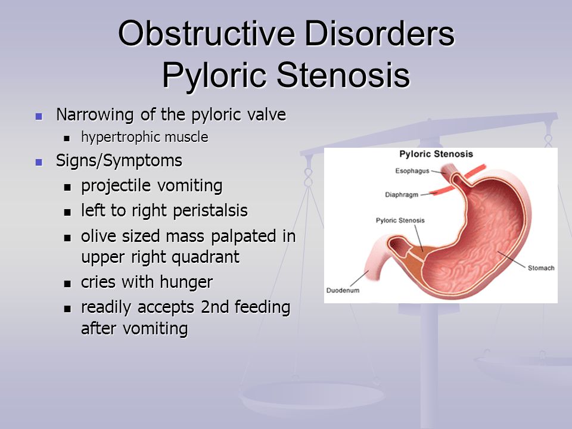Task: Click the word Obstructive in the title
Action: click(x=207, y=33)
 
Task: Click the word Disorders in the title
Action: click(x=380, y=33)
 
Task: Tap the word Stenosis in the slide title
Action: click(x=343, y=75)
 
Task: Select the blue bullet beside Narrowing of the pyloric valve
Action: click(x=39, y=116)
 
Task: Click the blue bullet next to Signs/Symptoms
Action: click(x=39, y=162)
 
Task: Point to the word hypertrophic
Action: click(x=120, y=138)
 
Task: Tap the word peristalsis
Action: click(x=210, y=211)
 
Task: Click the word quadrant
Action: click(x=206, y=257)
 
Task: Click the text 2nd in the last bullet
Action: click(x=215, y=307)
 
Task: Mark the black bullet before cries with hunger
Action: click(x=67, y=284)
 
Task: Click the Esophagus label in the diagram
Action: click(x=412, y=171)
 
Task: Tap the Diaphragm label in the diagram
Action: click(x=402, y=195)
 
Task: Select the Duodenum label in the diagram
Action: click(x=343, y=290)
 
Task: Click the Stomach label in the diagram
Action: click(x=541, y=268)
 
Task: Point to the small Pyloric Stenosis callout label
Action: click(x=400, y=220)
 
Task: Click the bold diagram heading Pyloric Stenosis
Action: click(x=436, y=154)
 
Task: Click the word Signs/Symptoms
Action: click(x=119, y=161)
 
